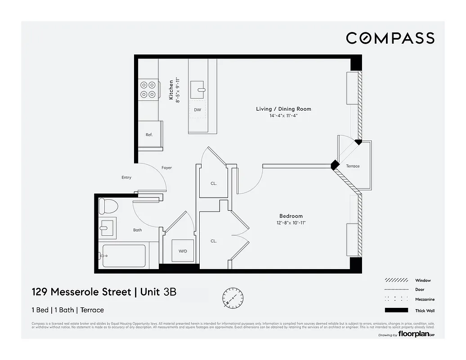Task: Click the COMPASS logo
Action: (x=390, y=38)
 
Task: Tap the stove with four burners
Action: (x=148, y=89)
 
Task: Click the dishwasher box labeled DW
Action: (x=197, y=109)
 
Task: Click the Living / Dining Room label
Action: (x=283, y=109)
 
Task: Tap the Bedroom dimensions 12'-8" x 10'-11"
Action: (x=291, y=223)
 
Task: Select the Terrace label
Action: (x=353, y=166)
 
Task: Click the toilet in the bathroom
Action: (x=108, y=206)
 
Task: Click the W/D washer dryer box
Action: (x=183, y=252)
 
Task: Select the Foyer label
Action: (x=166, y=168)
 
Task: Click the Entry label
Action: (x=126, y=177)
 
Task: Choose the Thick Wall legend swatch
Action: (x=396, y=310)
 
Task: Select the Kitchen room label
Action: (x=171, y=90)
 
